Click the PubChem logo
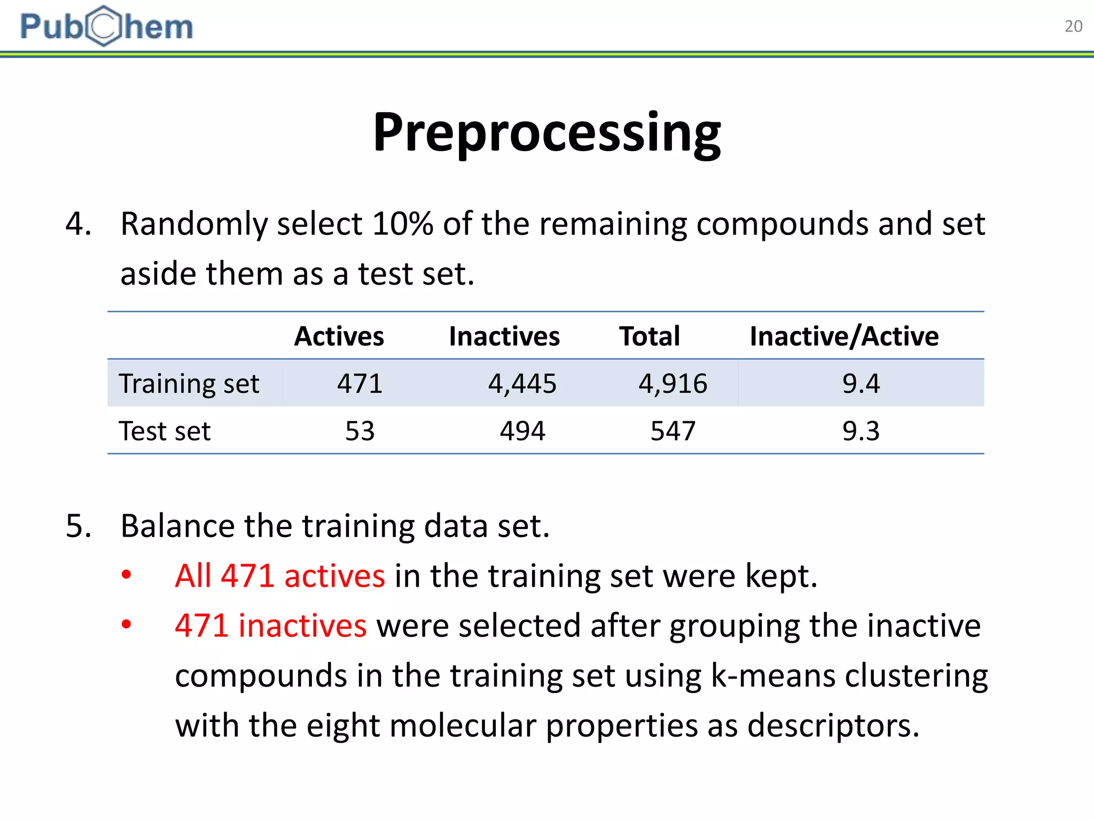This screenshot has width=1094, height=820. pyautogui.click(x=106, y=26)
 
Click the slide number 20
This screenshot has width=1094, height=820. pyautogui.click(x=1073, y=26)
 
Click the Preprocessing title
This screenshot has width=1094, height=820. pyautogui.click(x=546, y=132)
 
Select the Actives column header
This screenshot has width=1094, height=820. pyautogui.click(x=339, y=336)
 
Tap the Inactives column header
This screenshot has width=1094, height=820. pyautogui.click(x=504, y=336)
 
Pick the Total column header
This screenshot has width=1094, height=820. pyautogui.click(x=650, y=336)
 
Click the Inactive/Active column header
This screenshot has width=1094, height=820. pyautogui.click(x=844, y=336)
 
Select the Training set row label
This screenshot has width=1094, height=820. pyautogui.click(x=189, y=383)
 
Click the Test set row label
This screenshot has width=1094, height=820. pyautogui.click(x=165, y=431)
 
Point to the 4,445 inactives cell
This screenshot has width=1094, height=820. pyautogui.click(x=522, y=383)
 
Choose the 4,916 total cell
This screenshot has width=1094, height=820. pyautogui.click(x=673, y=383)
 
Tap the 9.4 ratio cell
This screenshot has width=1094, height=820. pyautogui.click(x=861, y=383)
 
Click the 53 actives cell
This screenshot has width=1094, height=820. pyautogui.click(x=360, y=431)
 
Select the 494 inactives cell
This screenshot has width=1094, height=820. pyautogui.click(x=522, y=431)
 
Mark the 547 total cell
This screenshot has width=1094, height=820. pyautogui.click(x=673, y=431)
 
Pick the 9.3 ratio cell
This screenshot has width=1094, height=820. pyautogui.click(x=861, y=431)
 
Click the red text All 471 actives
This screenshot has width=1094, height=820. pyautogui.click(x=279, y=576)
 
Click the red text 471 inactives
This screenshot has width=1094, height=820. pyautogui.click(x=270, y=626)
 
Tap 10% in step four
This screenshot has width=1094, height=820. pyautogui.click(x=402, y=224)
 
